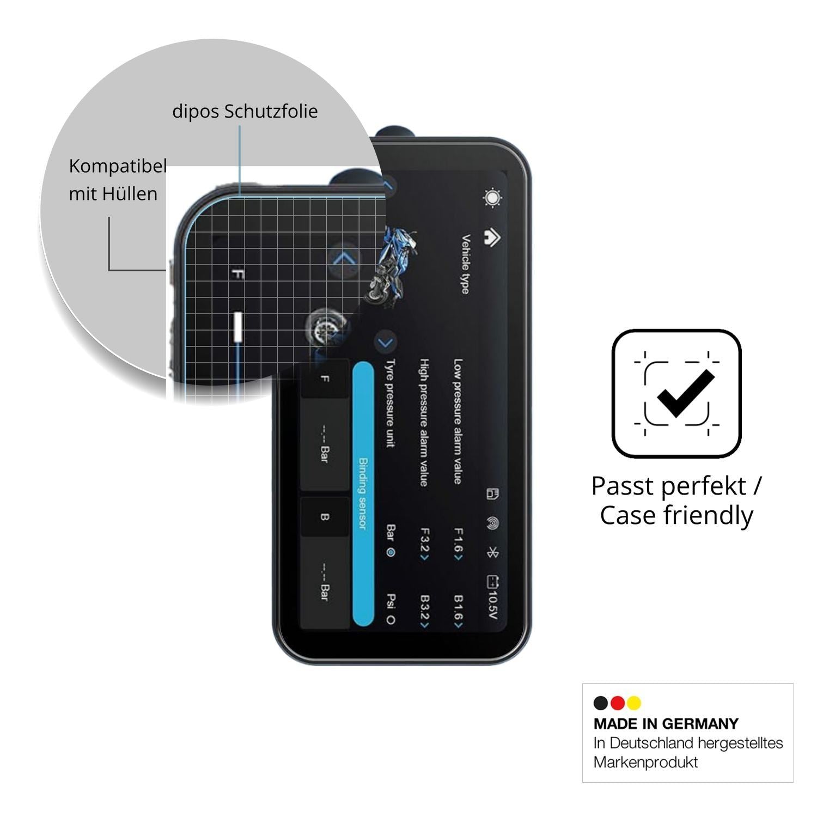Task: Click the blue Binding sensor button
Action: [363, 495]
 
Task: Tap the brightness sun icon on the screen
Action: [492, 198]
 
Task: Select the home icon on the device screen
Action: [492, 238]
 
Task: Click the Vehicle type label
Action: [465, 264]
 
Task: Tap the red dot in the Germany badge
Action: [617, 703]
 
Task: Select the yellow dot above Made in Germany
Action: [633, 703]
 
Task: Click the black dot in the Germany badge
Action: [601, 703]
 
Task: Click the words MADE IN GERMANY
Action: [666, 724]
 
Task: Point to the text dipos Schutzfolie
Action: [245, 111]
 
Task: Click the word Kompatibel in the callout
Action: [118, 166]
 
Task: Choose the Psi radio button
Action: [391, 620]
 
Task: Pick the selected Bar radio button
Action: [391, 552]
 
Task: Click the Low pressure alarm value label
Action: [458, 421]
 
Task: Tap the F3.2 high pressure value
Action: [425, 545]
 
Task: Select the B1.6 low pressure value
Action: [459, 612]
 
